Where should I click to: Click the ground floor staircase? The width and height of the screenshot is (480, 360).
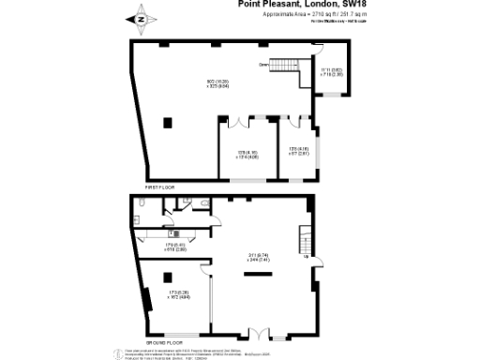(303, 238)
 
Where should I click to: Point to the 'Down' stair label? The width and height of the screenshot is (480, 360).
(263, 65)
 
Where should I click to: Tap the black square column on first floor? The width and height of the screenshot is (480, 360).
(167, 122)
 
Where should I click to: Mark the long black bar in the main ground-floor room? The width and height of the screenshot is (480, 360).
(256, 274)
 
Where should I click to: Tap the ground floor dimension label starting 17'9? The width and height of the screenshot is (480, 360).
(175, 247)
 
